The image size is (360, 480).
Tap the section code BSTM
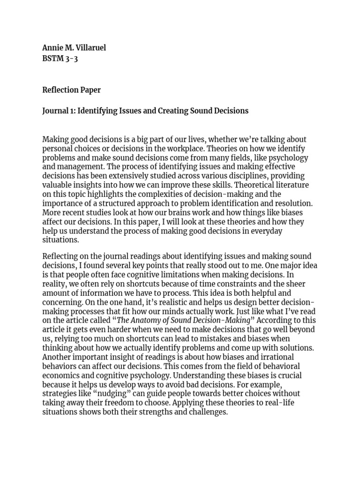click(x=53, y=59)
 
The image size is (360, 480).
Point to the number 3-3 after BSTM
click(x=72, y=59)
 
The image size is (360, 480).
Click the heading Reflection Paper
click(x=71, y=90)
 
